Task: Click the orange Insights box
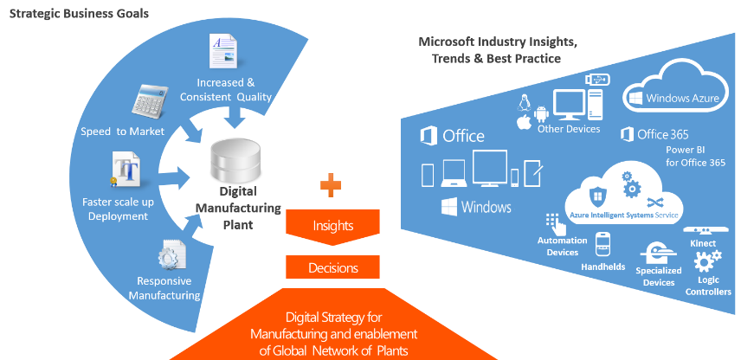pyautogui.click(x=332, y=225)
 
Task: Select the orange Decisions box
pyautogui.click(x=332, y=268)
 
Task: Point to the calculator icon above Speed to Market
pyautogui.click(x=149, y=103)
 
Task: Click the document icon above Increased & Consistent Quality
pyautogui.click(x=222, y=49)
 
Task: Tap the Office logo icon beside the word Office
pyautogui.click(x=428, y=136)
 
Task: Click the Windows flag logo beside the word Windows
pyautogui.click(x=448, y=207)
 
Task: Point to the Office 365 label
pyautogui.click(x=654, y=134)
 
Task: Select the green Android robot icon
pyautogui.click(x=542, y=112)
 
